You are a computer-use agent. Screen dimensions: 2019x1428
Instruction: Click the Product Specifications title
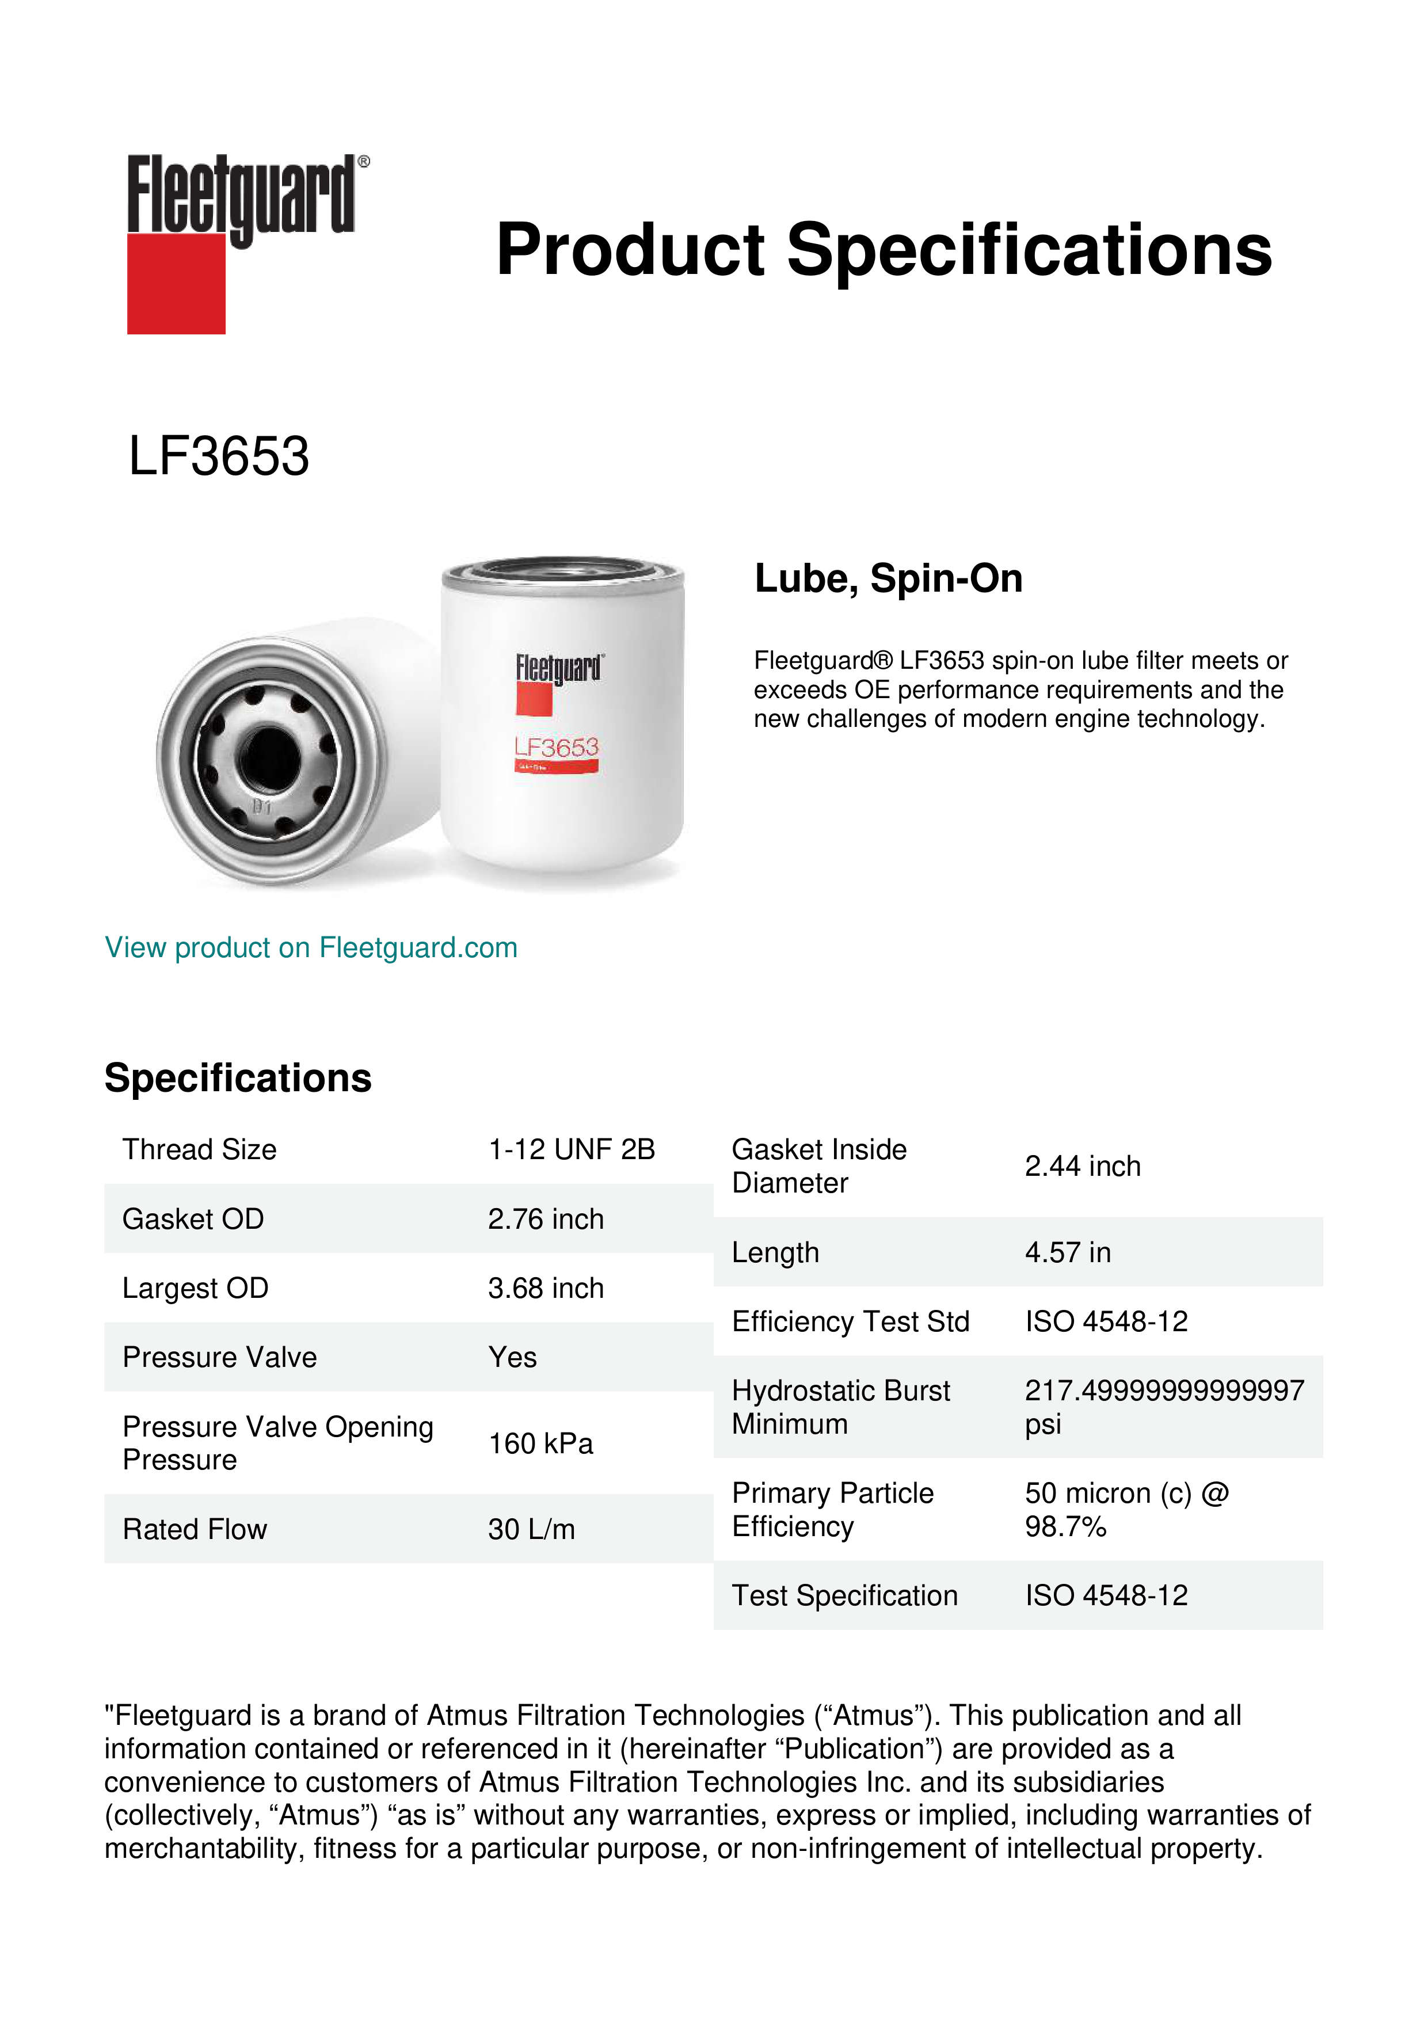[x=884, y=250]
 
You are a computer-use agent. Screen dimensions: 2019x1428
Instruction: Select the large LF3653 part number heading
[x=219, y=456]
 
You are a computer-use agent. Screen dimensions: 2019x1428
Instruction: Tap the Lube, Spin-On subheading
[x=888, y=578]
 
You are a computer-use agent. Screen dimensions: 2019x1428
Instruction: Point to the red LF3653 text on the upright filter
[x=556, y=748]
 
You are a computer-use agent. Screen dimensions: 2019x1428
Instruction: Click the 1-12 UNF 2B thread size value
[x=572, y=1149]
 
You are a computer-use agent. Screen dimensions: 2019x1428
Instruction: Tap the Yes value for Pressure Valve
[x=513, y=1358]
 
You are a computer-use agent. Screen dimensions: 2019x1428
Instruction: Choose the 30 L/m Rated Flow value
[x=531, y=1529]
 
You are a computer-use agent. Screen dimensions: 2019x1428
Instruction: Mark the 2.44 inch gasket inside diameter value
[x=1083, y=1166]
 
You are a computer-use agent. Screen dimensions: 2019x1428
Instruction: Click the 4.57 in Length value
[x=1068, y=1252]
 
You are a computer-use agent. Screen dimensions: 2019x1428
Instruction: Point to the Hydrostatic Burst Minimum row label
[x=840, y=1407]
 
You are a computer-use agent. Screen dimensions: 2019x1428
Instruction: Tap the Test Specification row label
[x=844, y=1595]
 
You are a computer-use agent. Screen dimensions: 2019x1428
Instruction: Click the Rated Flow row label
[x=195, y=1529]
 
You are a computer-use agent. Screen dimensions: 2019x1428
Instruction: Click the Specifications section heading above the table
[x=237, y=1078]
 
